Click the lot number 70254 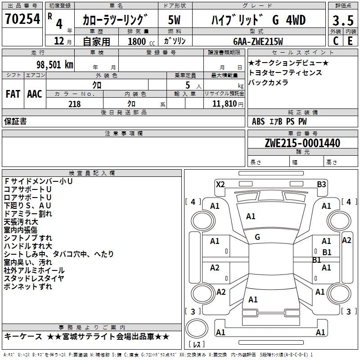tap(22, 19)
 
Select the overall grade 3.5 tap(343, 20)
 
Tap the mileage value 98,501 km tap(55, 65)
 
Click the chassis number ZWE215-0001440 tap(302, 143)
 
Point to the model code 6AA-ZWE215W tap(258, 41)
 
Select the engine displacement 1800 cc tap(141, 41)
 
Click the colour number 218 tap(74, 104)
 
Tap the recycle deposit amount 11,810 tap(225, 104)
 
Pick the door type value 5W tap(174, 20)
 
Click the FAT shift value tap(13, 94)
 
